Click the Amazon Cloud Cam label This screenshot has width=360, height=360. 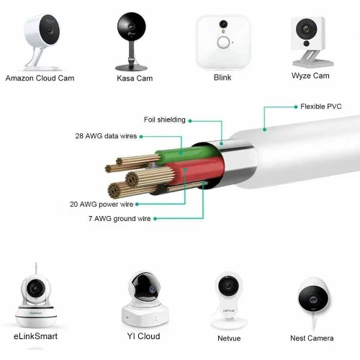point(40,78)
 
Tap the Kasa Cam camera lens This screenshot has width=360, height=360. point(131,26)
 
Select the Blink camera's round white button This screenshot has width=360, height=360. point(223,42)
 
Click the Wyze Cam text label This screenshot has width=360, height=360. point(310,76)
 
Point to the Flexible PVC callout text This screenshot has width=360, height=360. point(321,107)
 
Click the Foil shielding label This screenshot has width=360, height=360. point(164,120)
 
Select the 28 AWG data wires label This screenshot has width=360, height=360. point(106,136)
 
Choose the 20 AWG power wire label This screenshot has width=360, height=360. point(102,204)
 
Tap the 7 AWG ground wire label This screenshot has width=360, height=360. point(120,219)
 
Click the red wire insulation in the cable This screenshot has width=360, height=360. point(197,171)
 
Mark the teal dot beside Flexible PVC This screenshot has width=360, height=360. point(296,107)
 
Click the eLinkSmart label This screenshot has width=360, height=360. point(35,336)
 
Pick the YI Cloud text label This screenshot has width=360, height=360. point(143,336)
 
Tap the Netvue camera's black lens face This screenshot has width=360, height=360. point(228,286)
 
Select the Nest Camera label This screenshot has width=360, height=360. point(312,338)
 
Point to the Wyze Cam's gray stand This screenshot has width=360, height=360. point(312,59)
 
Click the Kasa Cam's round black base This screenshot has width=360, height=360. point(131,68)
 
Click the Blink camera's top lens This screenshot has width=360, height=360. point(223,24)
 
